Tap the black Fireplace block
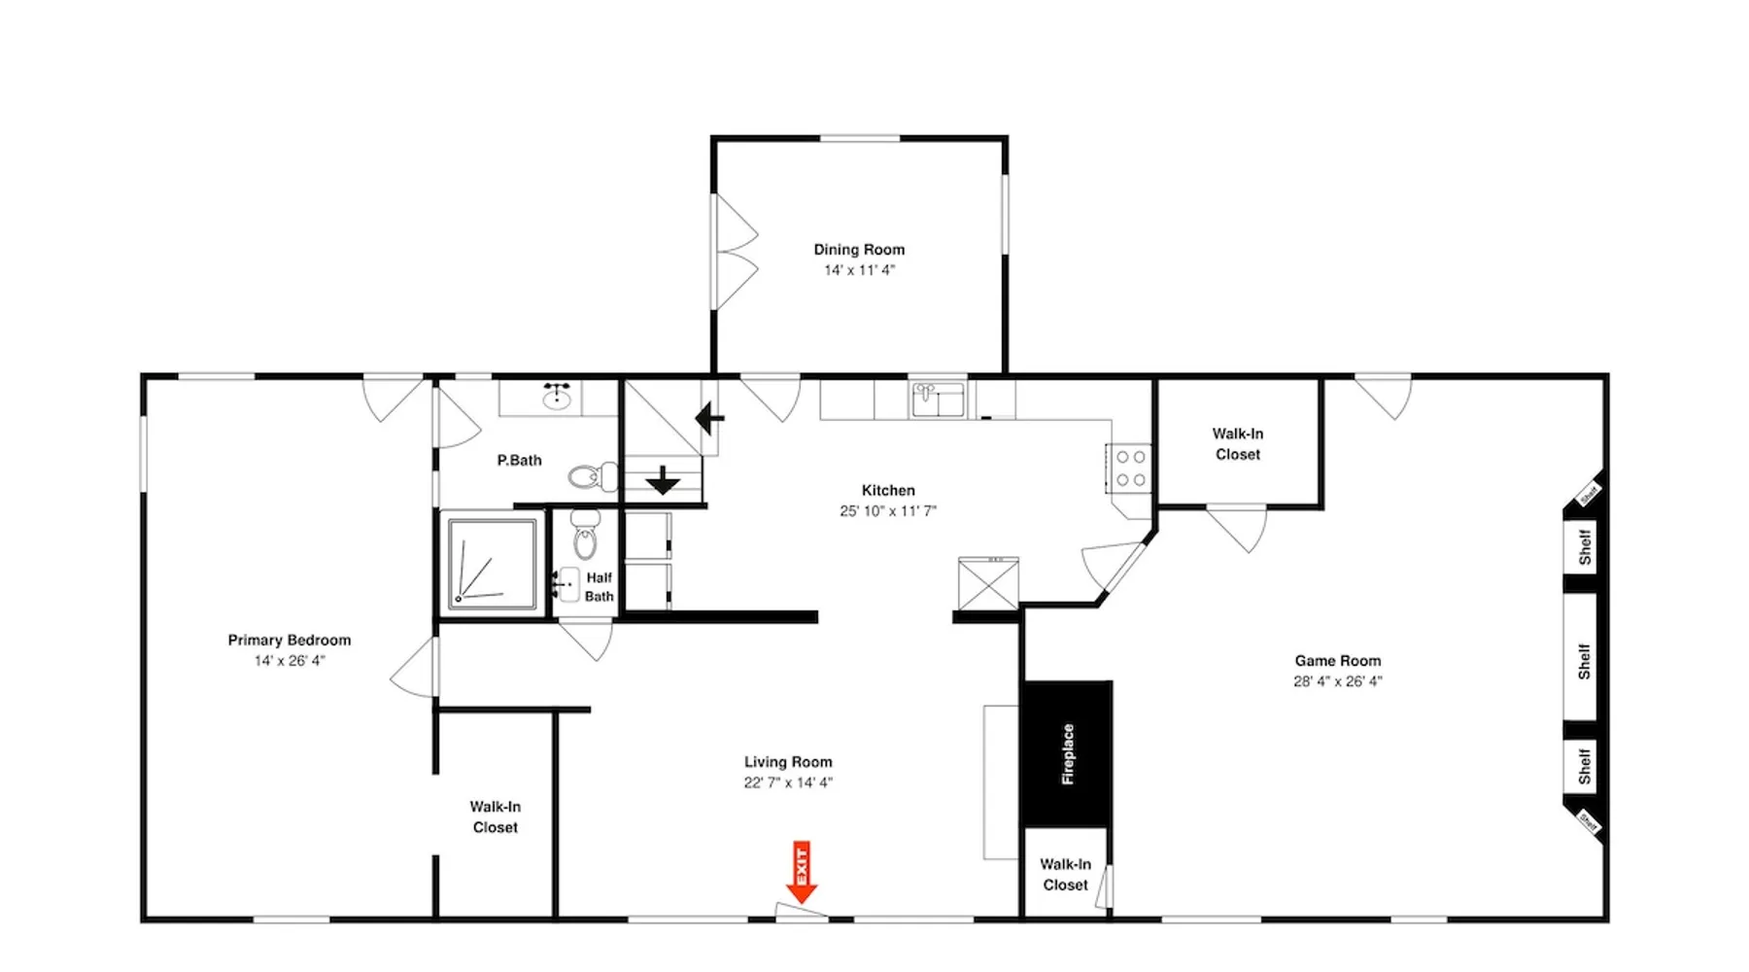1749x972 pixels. click(1067, 754)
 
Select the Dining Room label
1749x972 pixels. click(859, 250)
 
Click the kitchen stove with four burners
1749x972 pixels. click(1129, 469)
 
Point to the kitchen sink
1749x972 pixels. click(938, 399)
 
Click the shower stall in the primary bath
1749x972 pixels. click(493, 565)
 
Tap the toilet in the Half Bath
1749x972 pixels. click(585, 534)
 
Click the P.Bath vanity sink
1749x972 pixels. click(557, 397)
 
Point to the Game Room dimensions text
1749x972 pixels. click(1337, 681)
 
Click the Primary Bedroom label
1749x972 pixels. click(290, 640)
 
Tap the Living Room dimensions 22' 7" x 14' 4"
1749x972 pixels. click(788, 782)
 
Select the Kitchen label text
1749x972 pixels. click(888, 490)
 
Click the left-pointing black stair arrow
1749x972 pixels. click(709, 420)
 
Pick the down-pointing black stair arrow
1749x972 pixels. click(663, 480)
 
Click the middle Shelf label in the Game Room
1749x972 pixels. click(1584, 662)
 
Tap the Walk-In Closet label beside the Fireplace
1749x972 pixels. click(1065, 875)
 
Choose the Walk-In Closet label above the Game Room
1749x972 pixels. click(1238, 444)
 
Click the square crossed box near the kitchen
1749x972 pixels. click(988, 583)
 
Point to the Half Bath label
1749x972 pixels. click(600, 587)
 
